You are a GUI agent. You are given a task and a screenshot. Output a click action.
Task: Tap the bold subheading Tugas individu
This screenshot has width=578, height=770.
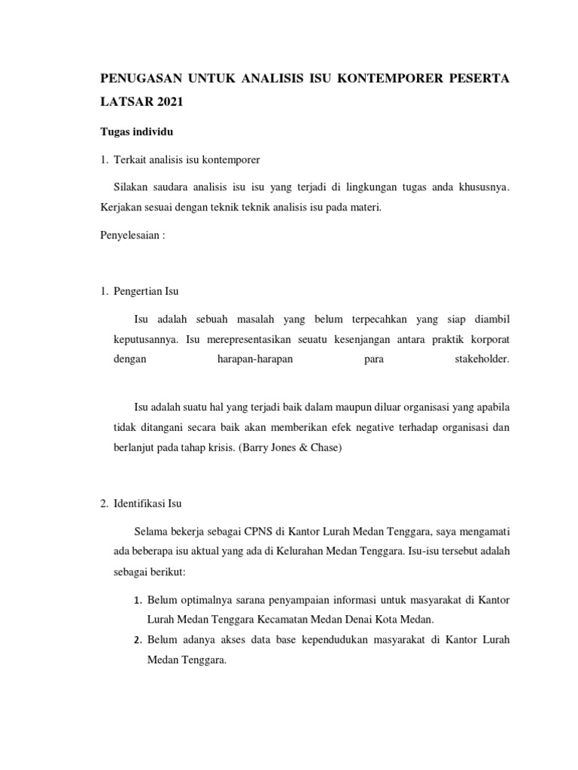click(x=137, y=132)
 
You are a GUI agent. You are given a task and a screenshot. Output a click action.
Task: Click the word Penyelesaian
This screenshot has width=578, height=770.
click(x=127, y=234)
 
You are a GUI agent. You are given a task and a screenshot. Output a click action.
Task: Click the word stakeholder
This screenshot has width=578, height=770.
click(x=482, y=359)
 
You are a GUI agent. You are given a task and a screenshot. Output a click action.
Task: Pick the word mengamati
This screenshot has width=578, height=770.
click(x=485, y=532)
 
